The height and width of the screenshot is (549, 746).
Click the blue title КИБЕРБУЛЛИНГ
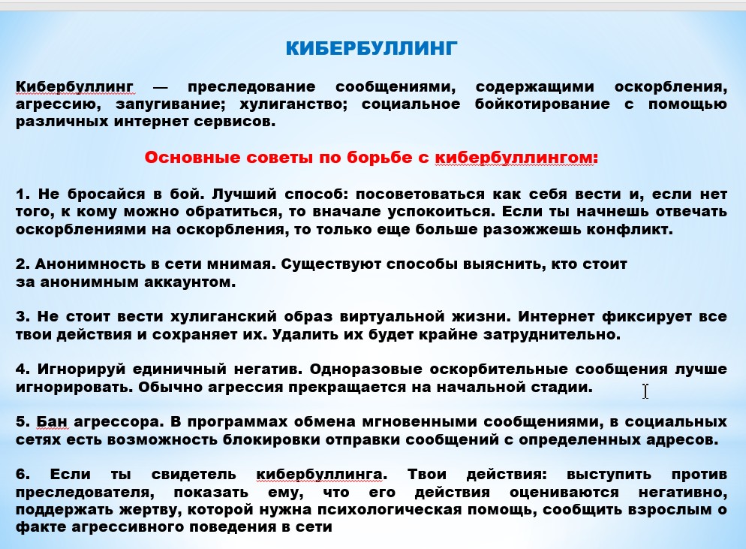(x=371, y=49)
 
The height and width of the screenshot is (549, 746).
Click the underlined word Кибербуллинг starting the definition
(x=75, y=87)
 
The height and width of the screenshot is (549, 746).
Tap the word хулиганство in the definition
(x=293, y=104)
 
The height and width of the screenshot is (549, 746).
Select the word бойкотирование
(x=542, y=104)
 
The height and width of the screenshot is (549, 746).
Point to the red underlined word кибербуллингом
(x=516, y=158)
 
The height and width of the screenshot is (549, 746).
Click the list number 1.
(x=23, y=195)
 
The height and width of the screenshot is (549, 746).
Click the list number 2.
(x=23, y=264)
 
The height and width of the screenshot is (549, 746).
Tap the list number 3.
(x=23, y=317)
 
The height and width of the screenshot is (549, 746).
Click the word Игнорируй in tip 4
(x=81, y=370)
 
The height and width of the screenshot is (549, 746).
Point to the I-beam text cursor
(x=645, y=391)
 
